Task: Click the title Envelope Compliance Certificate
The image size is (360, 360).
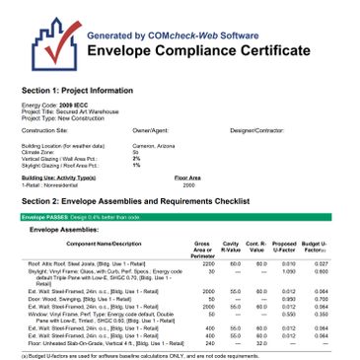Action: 200,51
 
